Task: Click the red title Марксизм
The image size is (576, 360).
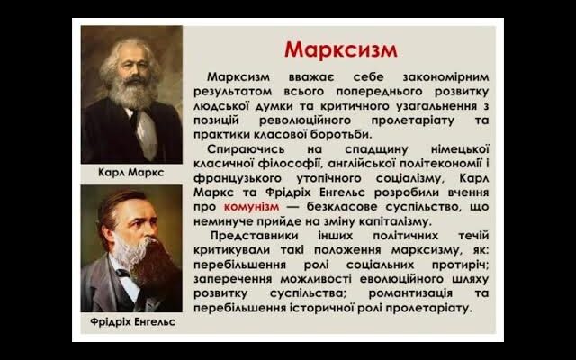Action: [340, 48]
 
